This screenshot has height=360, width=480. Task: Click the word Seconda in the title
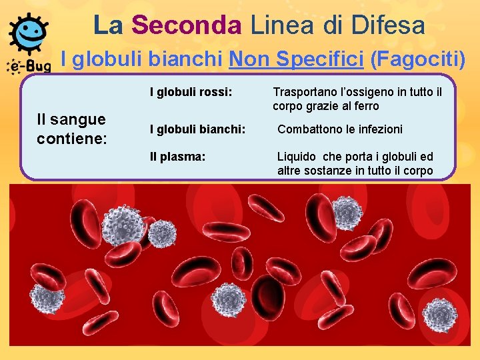(x=187, y=25)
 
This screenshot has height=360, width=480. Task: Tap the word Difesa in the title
(x=391, y=25)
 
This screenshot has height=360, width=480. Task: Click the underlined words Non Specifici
(x=295, y=60)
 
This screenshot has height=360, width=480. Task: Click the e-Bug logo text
(x=29, y=65)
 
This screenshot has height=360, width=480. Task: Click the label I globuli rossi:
(x=191, y=91)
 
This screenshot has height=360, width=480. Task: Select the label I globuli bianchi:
(x=197, y=129)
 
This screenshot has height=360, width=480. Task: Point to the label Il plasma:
(x=177, y=157)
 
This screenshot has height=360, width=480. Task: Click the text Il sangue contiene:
(x=71, y=129)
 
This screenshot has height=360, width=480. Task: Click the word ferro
(x=365, y=106)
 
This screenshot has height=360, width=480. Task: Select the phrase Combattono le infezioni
(x=339, y=129)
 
